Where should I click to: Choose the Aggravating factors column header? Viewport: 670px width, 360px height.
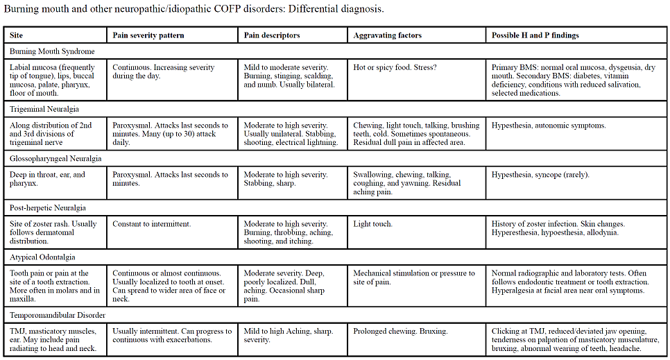point(387,35)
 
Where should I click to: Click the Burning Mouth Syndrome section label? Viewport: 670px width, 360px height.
point(53,51)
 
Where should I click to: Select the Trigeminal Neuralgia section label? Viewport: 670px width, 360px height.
point(44,109)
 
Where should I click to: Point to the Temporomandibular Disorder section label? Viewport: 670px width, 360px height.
point(58,315)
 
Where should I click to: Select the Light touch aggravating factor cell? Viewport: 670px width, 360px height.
point(373,224)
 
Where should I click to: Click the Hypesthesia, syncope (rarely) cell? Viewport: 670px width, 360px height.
point(540,175)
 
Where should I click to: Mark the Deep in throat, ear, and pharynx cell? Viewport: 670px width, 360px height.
point(48,179)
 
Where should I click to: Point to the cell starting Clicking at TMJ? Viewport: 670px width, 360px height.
point(575,340)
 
